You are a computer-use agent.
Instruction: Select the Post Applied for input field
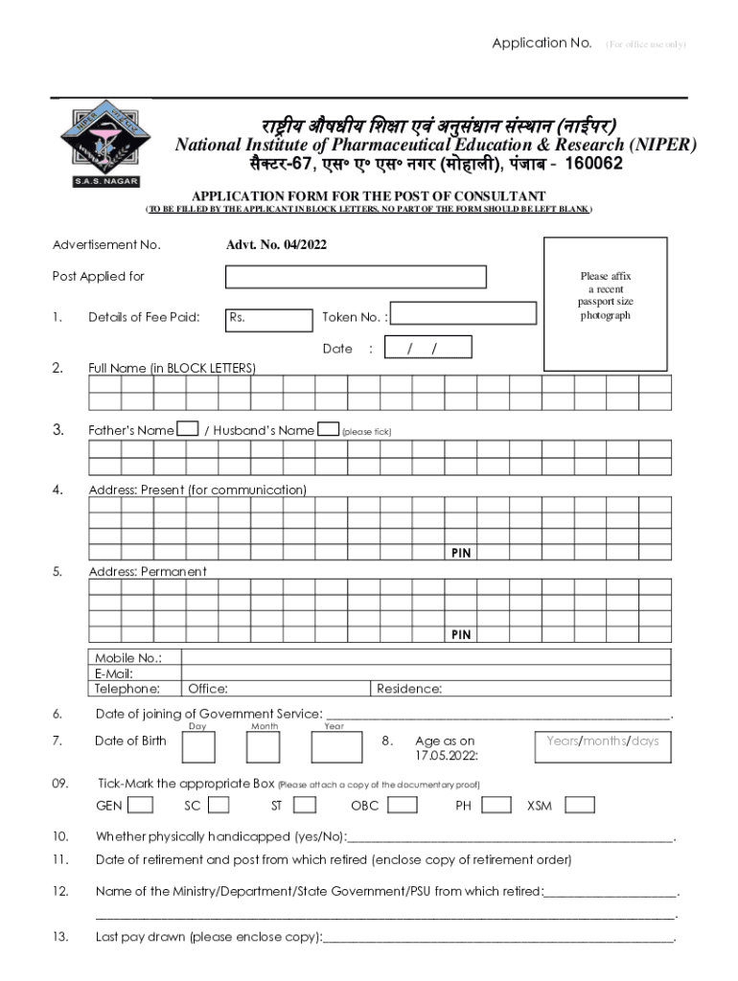[356, 277]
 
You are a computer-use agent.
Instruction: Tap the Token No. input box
[463, 313]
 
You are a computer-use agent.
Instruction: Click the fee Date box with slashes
[428, 348]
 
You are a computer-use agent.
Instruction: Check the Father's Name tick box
[189, 429]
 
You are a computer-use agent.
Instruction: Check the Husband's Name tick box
[328, 429]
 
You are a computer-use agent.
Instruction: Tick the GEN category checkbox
[140, 805]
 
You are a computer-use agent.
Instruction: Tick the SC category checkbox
[219, 805]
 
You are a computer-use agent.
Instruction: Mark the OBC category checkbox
[402, 805]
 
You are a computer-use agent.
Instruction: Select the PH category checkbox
[496, 805]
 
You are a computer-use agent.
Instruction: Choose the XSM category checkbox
[580, 805]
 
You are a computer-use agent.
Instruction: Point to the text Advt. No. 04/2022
[276, 245]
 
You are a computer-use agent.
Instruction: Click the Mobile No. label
[127, 657]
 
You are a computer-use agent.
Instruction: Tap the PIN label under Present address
[461, 554]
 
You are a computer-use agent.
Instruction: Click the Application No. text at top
[542, 43]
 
